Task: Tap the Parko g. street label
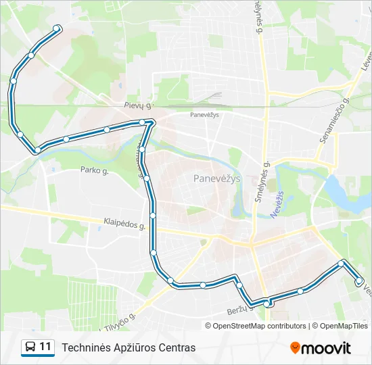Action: [94, 170]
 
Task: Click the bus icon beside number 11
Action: [30, 347]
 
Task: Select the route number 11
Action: [45, 347]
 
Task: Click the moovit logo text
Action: [326, 348]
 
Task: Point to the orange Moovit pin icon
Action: [295, 347]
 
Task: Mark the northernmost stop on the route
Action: [57, 28]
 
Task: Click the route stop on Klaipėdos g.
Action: [153, 216]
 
